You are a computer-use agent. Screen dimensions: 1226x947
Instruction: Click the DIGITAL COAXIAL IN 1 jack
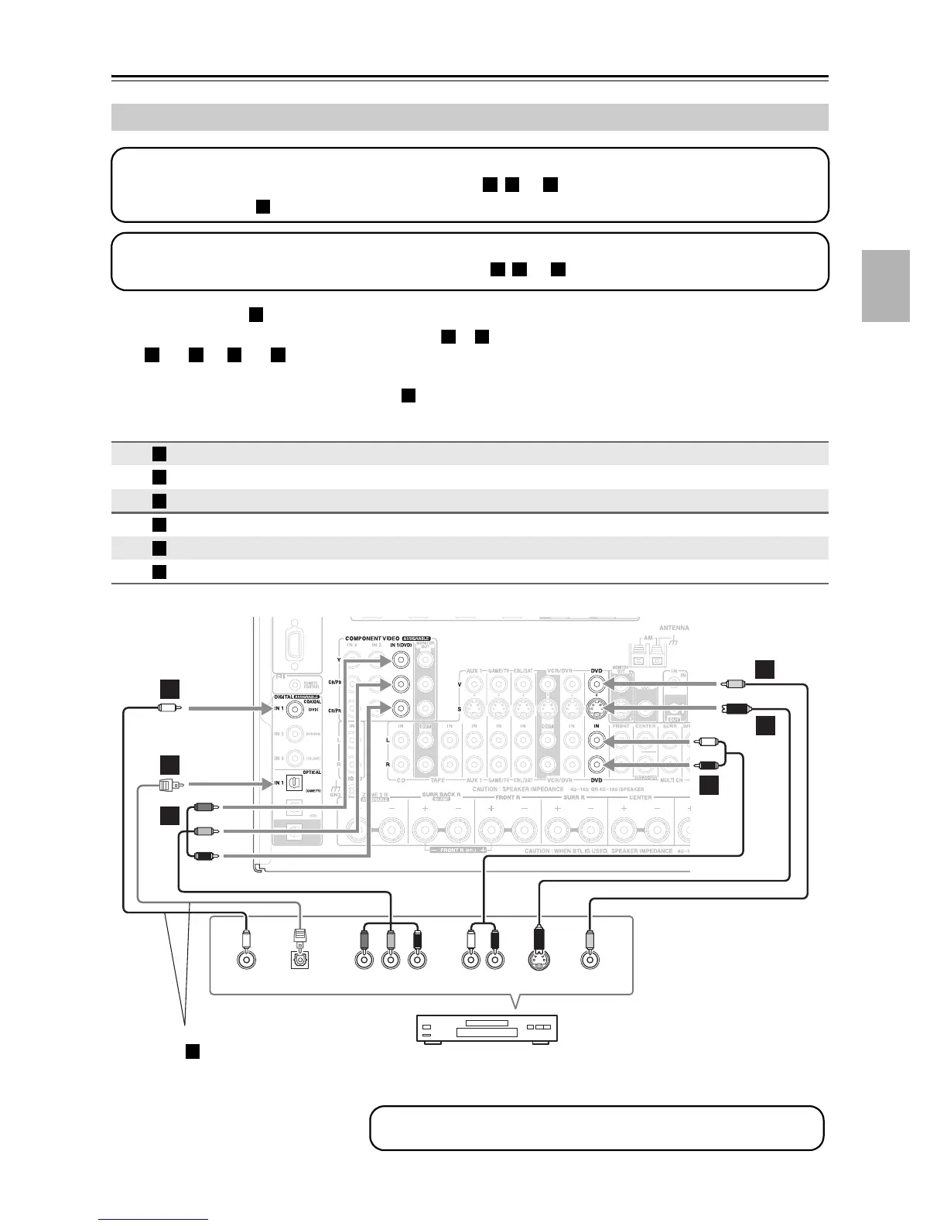click(293, 707)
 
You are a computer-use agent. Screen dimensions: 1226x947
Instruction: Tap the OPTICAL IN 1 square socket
click(294, 783)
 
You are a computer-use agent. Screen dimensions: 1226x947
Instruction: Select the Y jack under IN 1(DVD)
click(400, 659)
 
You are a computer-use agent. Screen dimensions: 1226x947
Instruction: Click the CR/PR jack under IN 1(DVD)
click(400, 708)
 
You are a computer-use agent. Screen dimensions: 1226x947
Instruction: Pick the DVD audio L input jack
click(596, 741)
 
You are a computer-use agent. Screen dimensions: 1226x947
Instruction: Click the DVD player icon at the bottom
click(488, 1029)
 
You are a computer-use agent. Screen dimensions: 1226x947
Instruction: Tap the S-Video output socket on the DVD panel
click(540, 960)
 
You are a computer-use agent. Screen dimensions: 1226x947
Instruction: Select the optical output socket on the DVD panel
click(300, 960)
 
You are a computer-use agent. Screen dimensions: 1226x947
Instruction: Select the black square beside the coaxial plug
click(170, 689)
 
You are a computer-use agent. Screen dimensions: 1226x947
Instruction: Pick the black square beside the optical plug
click(170, 764)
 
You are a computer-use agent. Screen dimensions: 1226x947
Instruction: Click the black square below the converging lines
click(193, 1050)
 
